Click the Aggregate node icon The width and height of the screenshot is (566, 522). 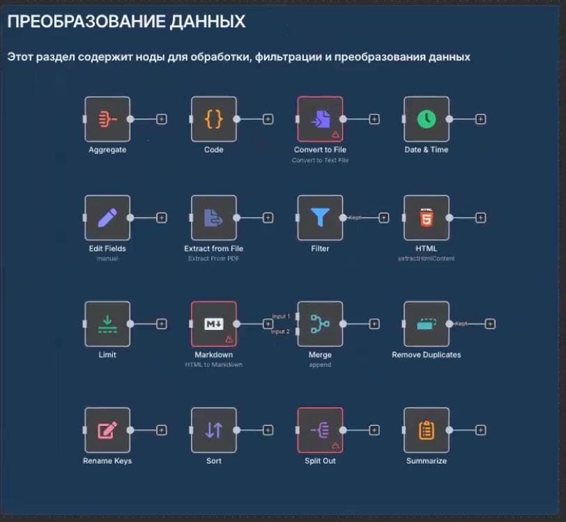point(107,119)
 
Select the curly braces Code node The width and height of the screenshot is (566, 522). point(214,119)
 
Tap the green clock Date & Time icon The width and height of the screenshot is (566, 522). point(427,119)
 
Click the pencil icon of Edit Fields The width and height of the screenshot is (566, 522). point(107,218)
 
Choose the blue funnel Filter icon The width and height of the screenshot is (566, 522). point(320,218)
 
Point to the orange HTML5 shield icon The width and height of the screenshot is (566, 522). point(427,218)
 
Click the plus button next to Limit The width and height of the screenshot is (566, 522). point(162,324)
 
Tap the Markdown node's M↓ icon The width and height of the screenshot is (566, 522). point(213,324)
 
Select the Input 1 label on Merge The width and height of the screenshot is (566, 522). point(281,317)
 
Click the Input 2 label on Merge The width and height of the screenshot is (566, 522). point(281,331)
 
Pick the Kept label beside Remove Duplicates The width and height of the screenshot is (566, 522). point(461,324)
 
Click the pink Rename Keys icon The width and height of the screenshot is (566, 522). point(107,430)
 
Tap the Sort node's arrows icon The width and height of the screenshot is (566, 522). point(214,430)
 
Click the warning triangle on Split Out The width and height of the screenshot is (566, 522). point(335,445)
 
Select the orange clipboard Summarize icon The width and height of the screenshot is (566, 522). point(427,430)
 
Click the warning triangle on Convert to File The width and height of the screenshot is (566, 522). point(335,134)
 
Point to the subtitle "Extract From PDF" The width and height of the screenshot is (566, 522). point(213,258)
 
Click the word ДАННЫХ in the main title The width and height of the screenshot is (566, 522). point(208,22)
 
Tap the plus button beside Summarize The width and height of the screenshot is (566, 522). point(481,430)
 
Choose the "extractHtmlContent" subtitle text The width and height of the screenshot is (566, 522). point(427,258)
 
